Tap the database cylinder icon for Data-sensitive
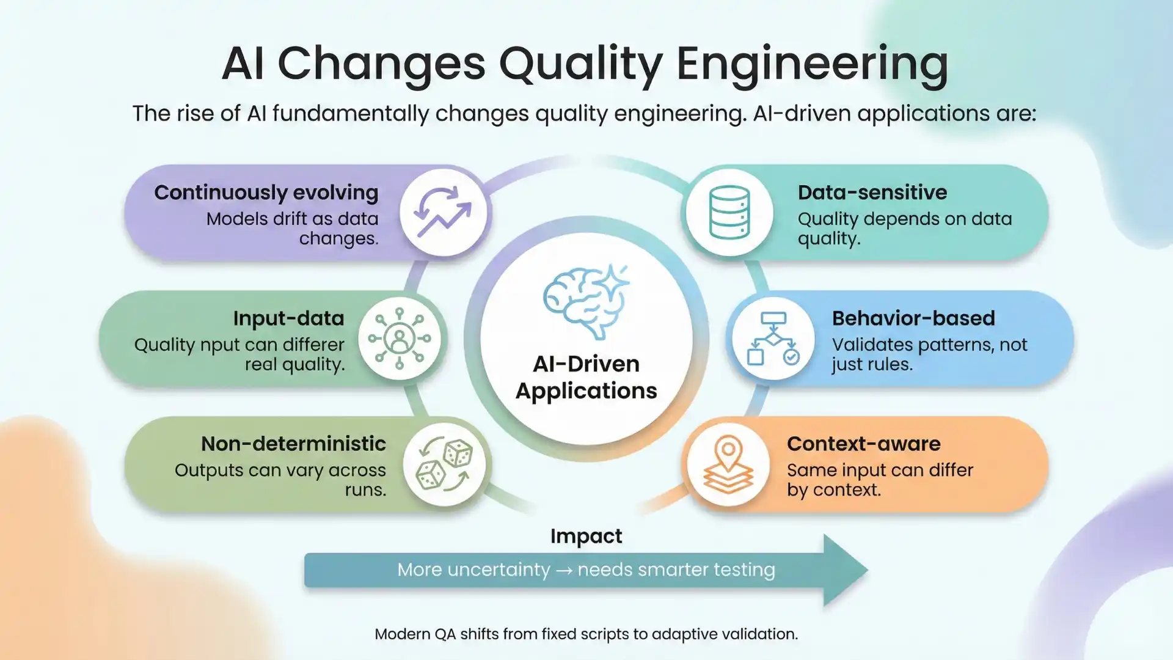(729, 212)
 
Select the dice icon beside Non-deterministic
(444, 465)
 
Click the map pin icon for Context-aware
(728, 465)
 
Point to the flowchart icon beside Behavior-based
(773, 339)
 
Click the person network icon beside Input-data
(400, 339)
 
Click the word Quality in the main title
(580, 64)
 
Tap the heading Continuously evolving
(266, 193)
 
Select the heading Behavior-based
(913, 318)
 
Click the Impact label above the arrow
(586, 536)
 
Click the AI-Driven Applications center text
(586, 377)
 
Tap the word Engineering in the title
(812, 64)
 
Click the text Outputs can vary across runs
(280, 480)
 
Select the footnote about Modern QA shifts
(586, 634)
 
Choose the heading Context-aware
(863, 444)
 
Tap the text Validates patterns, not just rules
(929, 354)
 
